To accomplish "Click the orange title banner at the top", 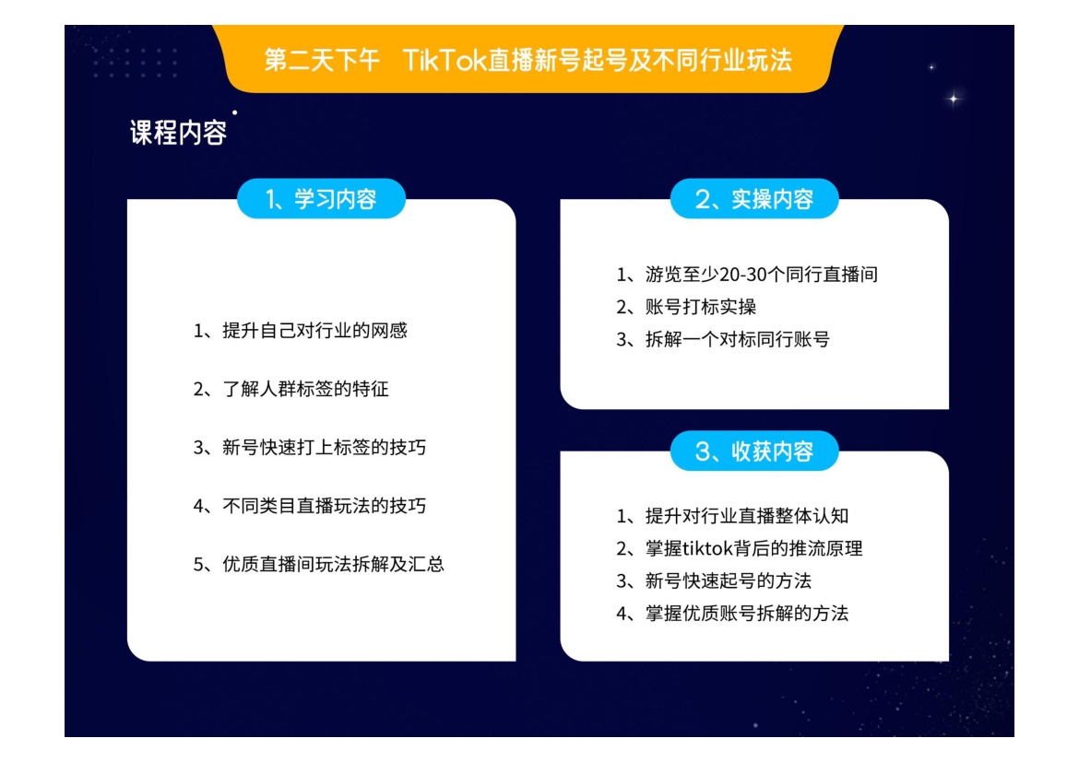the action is pyautogui.click(x=528, y=59).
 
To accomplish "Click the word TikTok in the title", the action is pyautogui.click(x=444, y=61).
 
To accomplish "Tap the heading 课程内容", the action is pyautogui.click(x=178, y=132).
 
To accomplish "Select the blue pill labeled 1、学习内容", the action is pyautogui.click(x=321, y=199).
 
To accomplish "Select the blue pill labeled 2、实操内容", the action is pyautogui.click(x=754, y=199).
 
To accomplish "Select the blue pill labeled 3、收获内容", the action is pyautogui.click(x=754, y=451).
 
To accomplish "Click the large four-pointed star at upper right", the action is pyautogui.click(x=953, y=99).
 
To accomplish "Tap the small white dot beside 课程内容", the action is pyautogui.click(x=234, y=112).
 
